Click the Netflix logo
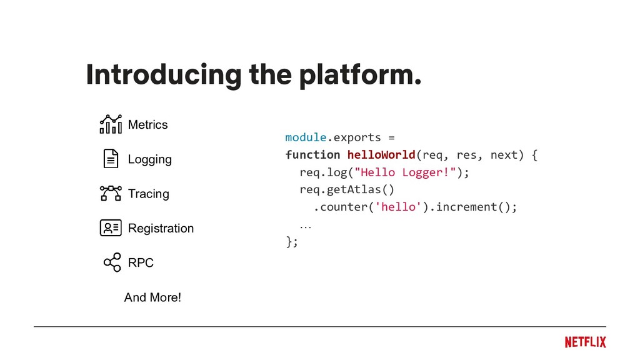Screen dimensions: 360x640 pos(585,342)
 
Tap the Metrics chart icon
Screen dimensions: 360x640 pos(111,124)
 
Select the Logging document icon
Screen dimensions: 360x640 pos(111,159)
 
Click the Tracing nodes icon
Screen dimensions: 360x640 pos(111,193)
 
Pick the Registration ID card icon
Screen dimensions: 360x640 pos(111,228)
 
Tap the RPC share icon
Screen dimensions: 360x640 pos(112,262)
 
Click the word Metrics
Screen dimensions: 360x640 pos(147,125)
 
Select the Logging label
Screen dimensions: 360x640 pos(149,159)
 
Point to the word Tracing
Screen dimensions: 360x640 pos(148,194)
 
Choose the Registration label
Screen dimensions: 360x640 pos(161,228)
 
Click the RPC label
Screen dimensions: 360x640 pos(141,263)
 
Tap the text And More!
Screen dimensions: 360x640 pos(152,297)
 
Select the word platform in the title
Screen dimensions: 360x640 pos(356,76)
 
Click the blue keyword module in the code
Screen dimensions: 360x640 pos(306,137)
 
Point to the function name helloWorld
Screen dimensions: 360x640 pos(381,154)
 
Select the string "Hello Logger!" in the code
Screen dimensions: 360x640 pos(406,172)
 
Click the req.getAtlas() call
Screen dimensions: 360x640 pos(347,189)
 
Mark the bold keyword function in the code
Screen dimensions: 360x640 pos(312,154)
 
